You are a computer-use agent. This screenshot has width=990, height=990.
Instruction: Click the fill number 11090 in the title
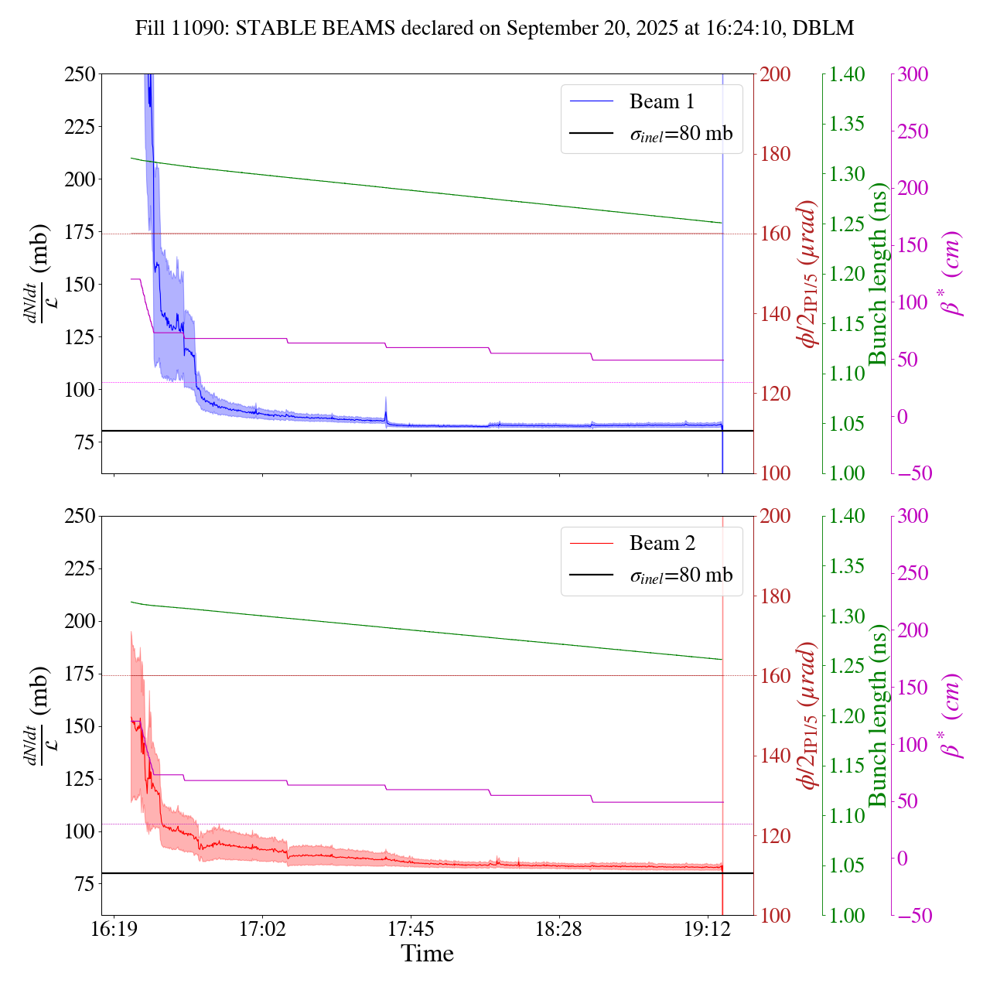(203, 29)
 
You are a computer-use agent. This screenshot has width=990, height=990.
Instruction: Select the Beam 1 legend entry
(662, 101)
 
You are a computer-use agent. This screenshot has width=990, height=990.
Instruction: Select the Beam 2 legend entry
(662, 544)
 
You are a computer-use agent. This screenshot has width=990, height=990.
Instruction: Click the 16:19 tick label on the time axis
(114, 927)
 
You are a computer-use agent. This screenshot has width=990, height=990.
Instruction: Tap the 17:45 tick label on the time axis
(411, 927)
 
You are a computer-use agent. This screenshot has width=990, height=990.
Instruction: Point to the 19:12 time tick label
(708, 927)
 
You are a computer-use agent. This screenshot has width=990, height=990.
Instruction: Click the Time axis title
(427, 954)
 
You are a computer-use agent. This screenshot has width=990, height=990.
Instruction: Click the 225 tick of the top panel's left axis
(80, 126)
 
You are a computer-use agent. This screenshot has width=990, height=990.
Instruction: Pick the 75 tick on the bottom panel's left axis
(86, 884)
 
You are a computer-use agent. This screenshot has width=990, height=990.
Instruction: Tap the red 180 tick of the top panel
(775, 154)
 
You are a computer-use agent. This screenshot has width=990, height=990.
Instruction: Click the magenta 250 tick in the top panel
(913, 131)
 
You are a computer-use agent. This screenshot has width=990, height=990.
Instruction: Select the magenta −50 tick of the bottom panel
(913, 916)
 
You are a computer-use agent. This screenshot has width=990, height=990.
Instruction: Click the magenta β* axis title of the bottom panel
(952, 715)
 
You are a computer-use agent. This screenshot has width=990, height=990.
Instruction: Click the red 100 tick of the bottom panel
(775, 916)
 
